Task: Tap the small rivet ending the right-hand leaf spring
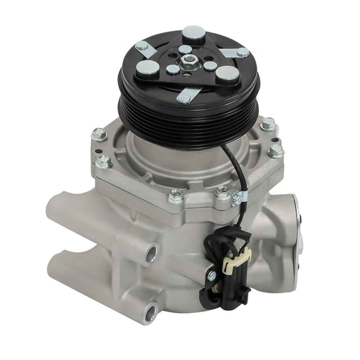coord(243,52)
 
